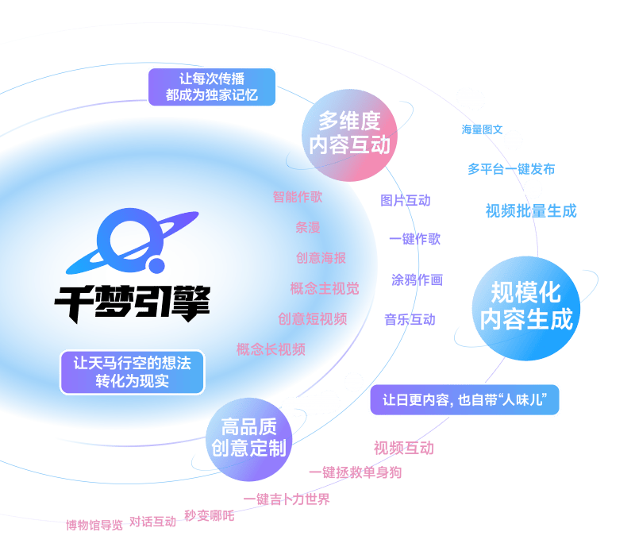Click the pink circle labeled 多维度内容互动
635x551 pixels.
pos(350,133)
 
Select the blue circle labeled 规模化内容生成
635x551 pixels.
pos(526,306)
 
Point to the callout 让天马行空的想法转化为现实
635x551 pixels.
pos(132,372)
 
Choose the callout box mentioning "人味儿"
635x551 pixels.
pos(464,399)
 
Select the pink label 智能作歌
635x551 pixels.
pos(298,196)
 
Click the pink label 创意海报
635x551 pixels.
pos(321,258)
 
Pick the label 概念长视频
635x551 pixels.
pos(271,349)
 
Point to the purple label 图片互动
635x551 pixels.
pos(405,200)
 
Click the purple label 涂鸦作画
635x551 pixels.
pos(417,279)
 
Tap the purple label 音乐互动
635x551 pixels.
pos(410,319)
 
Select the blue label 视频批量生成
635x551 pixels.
pos(531,210)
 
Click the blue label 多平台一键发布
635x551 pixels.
pos(510,168)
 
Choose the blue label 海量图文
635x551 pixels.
pos(482,129)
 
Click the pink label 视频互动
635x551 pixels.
pos(403,448)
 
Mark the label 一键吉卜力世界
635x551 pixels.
pos(287,499)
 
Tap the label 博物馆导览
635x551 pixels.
pos(94,525)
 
